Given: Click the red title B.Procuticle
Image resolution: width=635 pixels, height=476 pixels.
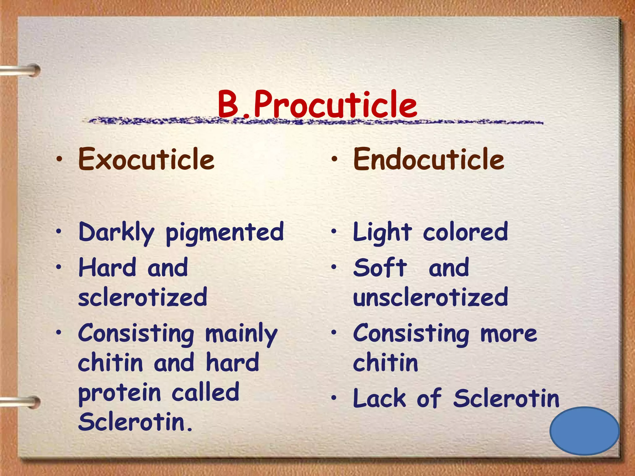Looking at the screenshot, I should click(x=317, y=104).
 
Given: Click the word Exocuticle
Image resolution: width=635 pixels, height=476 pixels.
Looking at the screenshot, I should click(x=146, y=159).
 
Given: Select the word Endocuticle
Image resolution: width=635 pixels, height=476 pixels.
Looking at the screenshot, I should click(x=429, y=159).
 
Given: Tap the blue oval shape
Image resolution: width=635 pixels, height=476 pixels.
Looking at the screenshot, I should click(x=584, y=431).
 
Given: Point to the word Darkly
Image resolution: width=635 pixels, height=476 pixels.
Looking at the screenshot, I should click(x=116, y=232).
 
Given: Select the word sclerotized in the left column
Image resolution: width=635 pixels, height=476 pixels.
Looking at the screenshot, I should click(x=143, y=297).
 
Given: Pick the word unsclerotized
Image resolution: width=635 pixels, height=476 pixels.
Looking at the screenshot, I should click(x=430, y=297).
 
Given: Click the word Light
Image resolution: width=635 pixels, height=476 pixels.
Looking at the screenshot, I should click(x=382, y=232).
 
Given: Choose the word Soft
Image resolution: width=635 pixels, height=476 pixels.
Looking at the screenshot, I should click(x=380, y=268).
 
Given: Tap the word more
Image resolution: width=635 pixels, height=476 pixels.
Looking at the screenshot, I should click(x=508, y=334).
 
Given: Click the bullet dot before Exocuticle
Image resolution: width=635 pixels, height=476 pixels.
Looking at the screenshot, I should click(x=59, y=159).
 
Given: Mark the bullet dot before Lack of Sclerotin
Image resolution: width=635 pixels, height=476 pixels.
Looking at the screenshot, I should click(x=334, y=398).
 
